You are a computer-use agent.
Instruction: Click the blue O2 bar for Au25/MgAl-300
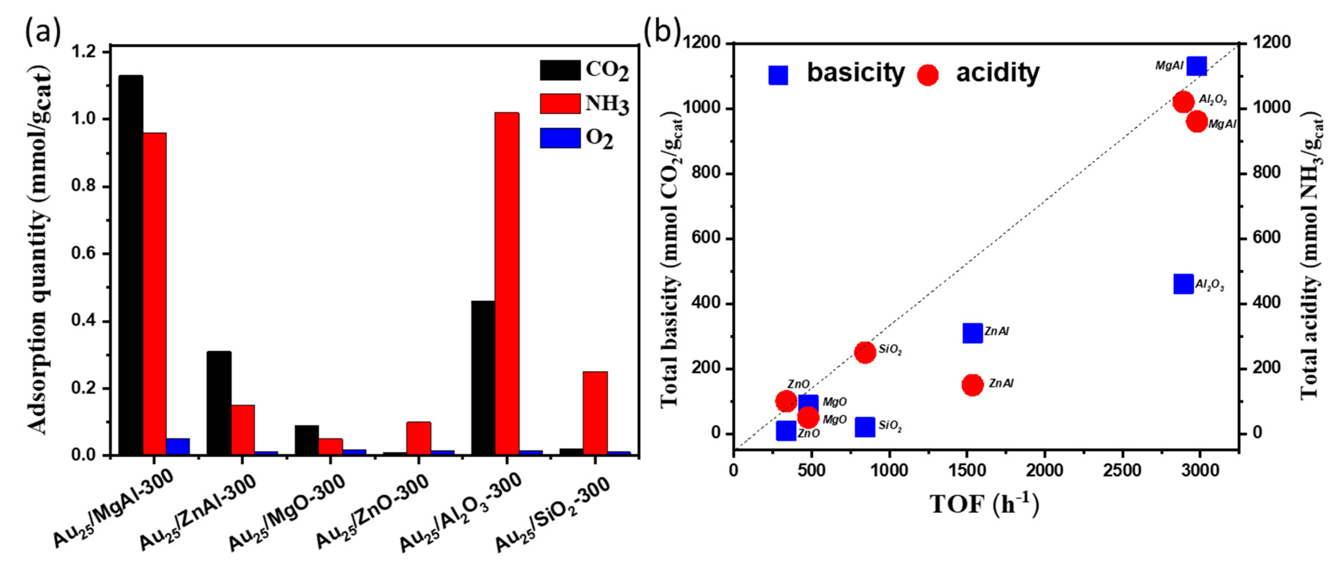[178, 447]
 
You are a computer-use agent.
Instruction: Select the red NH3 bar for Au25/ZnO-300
[419, 438]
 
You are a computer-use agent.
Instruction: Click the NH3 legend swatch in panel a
[560, 103]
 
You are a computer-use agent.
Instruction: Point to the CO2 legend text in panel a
[607, 70]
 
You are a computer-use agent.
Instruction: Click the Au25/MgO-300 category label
[287, 512]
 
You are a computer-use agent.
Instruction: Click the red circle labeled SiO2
[865, 353]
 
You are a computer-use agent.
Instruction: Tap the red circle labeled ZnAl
[972, 385]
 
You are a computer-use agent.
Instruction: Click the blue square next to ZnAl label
[972, 333]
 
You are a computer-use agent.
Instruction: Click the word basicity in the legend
[856, 72]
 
